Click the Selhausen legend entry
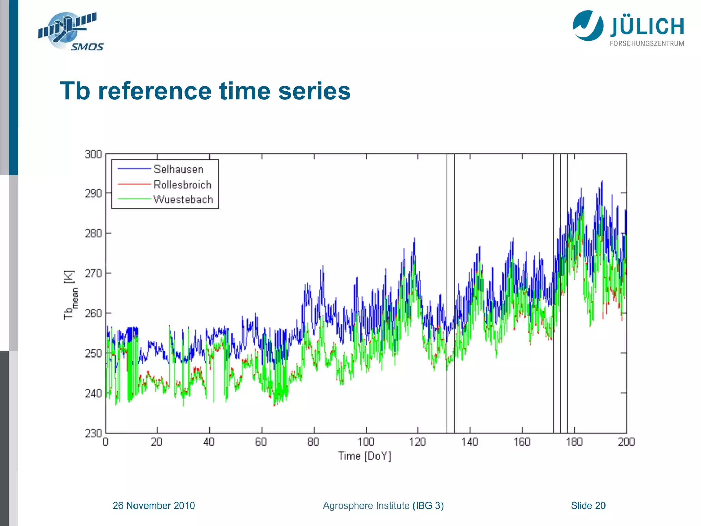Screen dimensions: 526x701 pos(178,169)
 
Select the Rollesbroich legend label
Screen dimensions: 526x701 pos(182,185)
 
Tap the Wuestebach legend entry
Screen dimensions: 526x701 pos(183,199)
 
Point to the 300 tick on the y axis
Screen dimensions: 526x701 pos(93,154)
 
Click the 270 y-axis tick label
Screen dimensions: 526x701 pos(93,273)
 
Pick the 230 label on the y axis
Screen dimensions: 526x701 pos(93,433)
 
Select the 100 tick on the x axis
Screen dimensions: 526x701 pos(366,442)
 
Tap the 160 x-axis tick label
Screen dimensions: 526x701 pos(522,442)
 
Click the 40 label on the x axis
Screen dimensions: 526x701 pos(209,442)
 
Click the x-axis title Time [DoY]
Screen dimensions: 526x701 pos(365,456)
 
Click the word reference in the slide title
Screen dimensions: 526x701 pos(154,91)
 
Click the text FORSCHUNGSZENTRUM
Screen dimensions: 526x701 pos(647,43)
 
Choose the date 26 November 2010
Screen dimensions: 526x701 pos(154,505)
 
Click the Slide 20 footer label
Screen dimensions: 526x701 pos(588,505)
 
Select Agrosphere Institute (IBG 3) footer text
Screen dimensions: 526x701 pos(383,505)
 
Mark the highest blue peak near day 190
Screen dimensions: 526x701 pos(602,181)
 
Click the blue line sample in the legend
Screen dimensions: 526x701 pos(134,169)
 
